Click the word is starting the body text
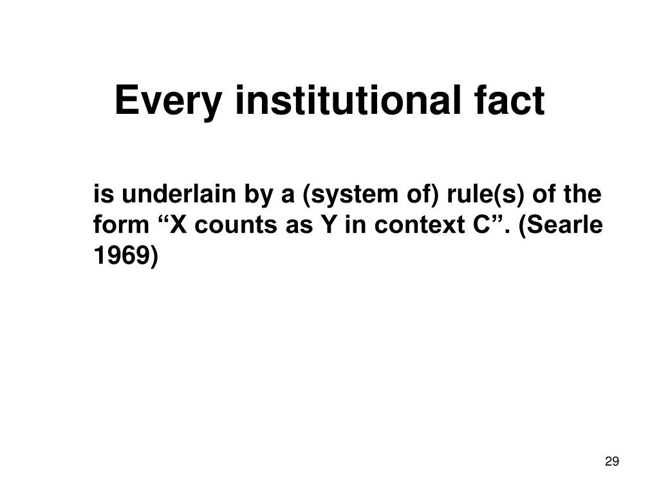click(103, 194)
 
